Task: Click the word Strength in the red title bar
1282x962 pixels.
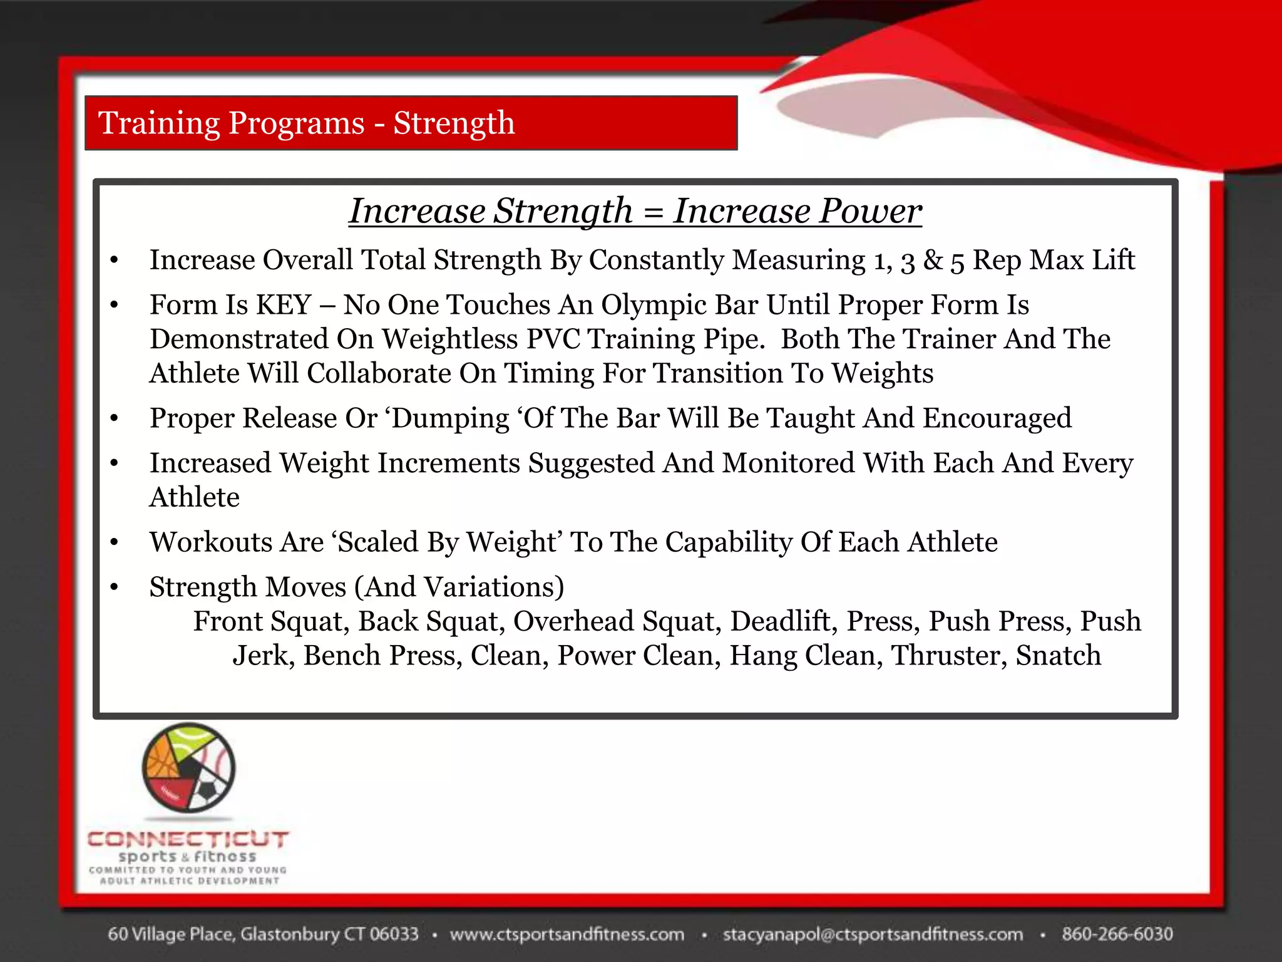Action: (x=454, y=123)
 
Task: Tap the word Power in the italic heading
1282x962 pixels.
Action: (x=870, y=211)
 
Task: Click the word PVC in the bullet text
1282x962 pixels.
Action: (x=552, y=339)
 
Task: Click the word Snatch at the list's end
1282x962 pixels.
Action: (x=1058, y=656)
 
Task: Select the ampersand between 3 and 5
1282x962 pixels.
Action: (x=932, y=261)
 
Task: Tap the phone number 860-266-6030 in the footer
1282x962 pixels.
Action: (x=1117, y=934)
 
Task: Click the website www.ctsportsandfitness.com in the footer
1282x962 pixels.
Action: (x=567, y=934)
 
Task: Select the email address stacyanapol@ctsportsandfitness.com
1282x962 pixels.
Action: (x=873, y=934)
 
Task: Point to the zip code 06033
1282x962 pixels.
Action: (x=393, y=934)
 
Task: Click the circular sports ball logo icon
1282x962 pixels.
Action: (x=188, y=768)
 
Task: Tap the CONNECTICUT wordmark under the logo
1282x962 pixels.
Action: (x=188, y=839)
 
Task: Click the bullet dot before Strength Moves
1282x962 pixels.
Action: (x=114, y=587)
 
